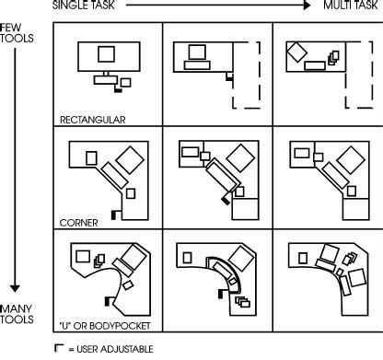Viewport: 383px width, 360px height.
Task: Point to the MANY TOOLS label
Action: [x=18, y=313]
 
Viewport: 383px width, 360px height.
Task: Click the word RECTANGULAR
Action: [x=93, y=119]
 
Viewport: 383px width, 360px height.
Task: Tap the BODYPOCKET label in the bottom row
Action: [x=112, y=325]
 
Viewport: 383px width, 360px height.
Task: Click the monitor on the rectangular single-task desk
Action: [x=107, y=54]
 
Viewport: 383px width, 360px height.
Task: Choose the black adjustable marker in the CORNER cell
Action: [x=114, y=213]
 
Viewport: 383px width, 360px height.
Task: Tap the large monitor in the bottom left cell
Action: [x=128, y=261]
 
